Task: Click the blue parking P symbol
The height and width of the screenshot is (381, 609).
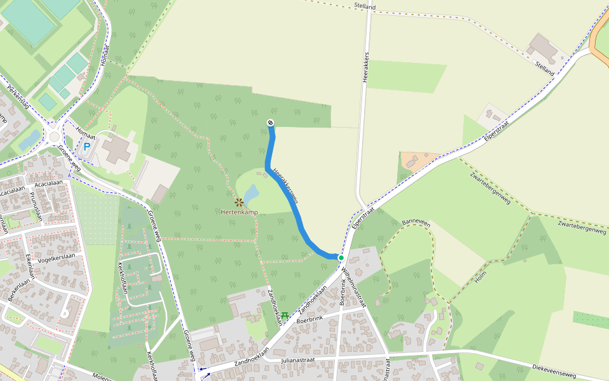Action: (87, 147)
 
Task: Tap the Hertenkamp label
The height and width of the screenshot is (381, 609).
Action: (239, 212)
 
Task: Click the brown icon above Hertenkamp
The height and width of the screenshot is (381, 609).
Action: (239, 203)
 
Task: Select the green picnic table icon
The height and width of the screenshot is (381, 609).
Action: (285, 315)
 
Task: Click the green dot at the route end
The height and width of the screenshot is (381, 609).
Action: (341, 258)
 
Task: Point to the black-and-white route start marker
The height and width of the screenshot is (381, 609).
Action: (270, 123)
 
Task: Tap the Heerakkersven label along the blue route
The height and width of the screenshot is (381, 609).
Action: (285, 185)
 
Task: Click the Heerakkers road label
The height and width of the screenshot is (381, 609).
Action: (366, 63)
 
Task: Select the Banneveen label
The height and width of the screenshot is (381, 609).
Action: (416, 224)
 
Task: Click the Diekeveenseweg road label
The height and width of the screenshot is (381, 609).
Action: (553, 371)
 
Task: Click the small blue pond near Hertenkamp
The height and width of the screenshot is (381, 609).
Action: (252, 192)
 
